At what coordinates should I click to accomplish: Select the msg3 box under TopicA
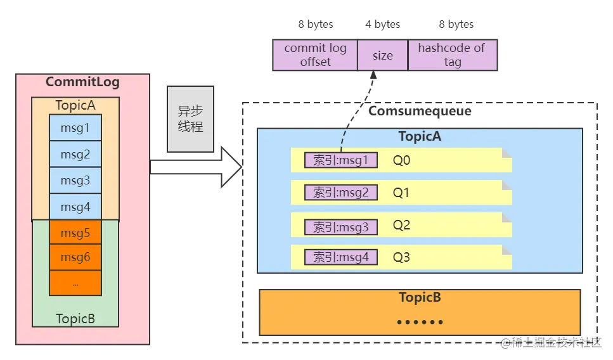coord(75,181)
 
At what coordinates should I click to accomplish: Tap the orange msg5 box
coord(75,233)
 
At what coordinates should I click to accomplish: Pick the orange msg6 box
coord(75,257)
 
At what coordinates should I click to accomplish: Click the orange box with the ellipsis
coord(75,283)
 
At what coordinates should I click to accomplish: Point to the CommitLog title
coord(82,82)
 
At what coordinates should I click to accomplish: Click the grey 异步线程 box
coord(190,118)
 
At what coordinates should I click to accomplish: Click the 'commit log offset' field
coord(315,55)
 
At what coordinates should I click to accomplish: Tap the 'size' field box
coord(382,55)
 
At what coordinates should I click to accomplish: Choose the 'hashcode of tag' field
coord(452,55)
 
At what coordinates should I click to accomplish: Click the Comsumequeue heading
coord(420,112)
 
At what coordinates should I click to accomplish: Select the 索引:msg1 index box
coord(341,160)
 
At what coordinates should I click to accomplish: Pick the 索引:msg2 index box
coord(341,193)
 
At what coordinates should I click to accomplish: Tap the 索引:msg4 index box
coord(341,257)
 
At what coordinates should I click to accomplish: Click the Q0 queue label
coord(402,160)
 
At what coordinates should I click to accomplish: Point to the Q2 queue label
coord(402,225)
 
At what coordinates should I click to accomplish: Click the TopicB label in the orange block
coord(420,298)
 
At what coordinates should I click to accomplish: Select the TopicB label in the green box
coord(75,318)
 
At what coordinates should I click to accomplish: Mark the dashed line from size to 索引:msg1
coord(351,120)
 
